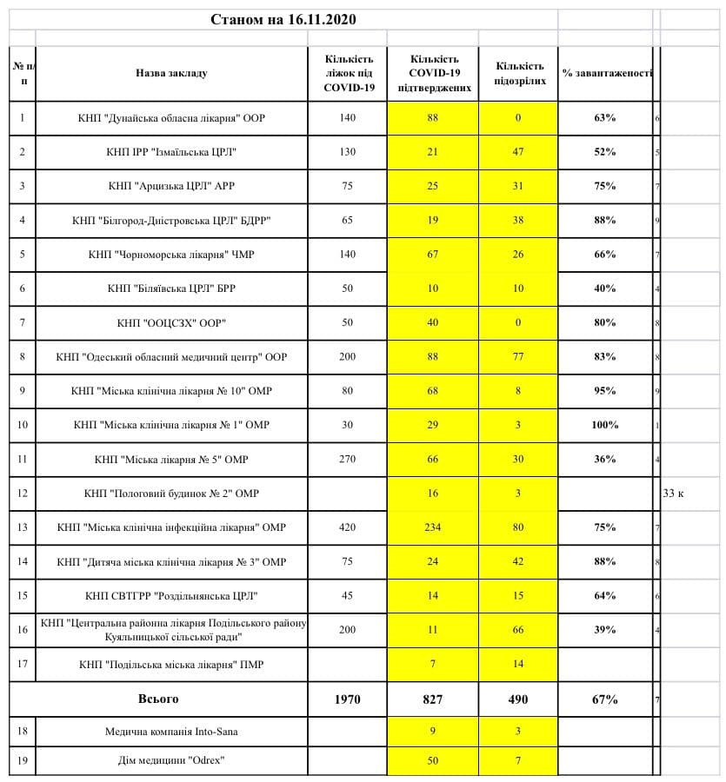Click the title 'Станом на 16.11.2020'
pos(283,19)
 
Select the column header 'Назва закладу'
pos(171,73)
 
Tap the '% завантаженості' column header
pos(606,73)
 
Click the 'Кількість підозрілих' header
pos(518,73)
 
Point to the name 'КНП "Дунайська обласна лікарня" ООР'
pos(171,118)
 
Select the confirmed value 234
pos(432,527)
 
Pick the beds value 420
pos(348,527)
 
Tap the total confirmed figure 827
pos(432,699)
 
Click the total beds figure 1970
pos(348,699)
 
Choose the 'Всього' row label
pos(159,699)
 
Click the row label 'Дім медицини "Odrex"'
pos(171,761)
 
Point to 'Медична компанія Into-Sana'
pos(171,732)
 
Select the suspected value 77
pos(518,357)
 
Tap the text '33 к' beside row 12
pos(674,494)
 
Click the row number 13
pos(23,527)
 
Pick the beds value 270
pos(348,460)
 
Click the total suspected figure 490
pos(518,699)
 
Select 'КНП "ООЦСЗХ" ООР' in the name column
pos(171,323)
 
